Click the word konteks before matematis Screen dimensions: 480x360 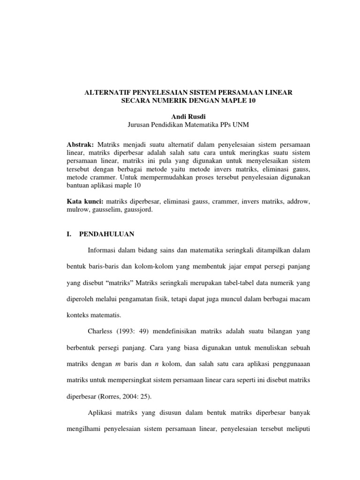click(x=80, y=315)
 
